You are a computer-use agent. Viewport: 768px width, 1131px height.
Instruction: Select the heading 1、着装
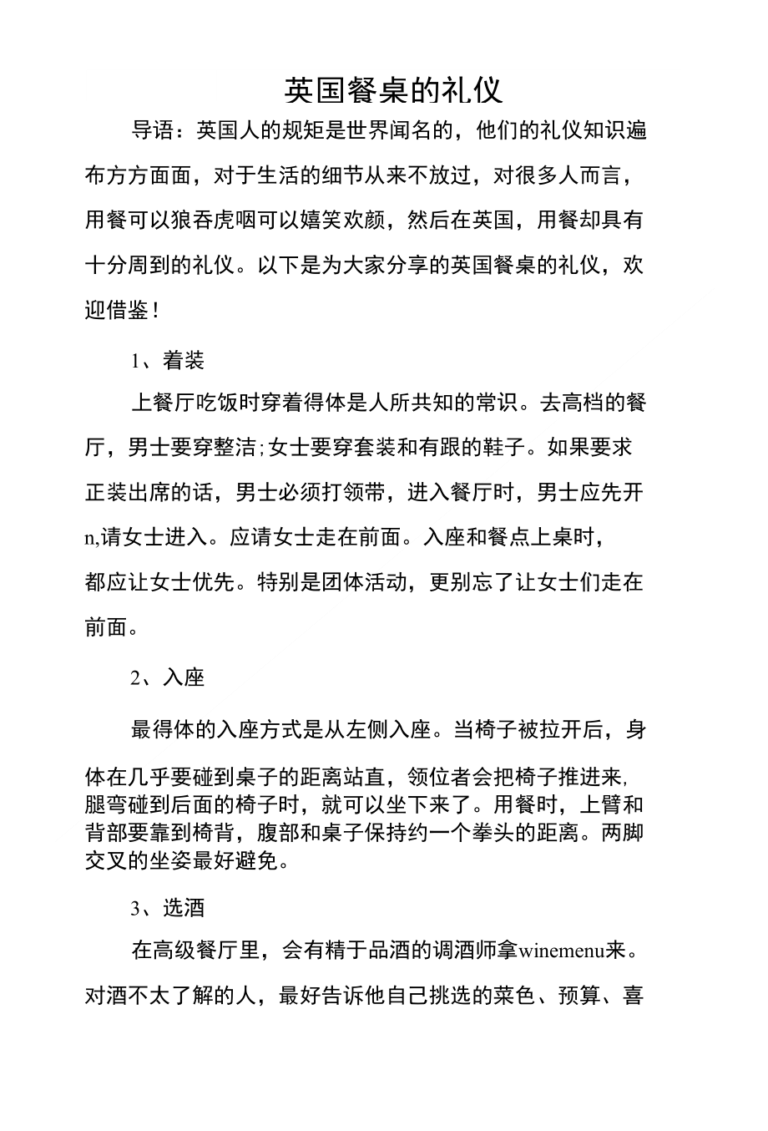(168, 360)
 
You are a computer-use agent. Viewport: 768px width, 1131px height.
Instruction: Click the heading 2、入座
(168, 677)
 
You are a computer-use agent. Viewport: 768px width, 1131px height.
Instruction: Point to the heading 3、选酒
(168, 908)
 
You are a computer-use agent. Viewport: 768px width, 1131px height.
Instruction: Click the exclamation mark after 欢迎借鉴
(155, 312)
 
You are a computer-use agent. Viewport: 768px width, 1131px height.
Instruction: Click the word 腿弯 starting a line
(106, 805)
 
